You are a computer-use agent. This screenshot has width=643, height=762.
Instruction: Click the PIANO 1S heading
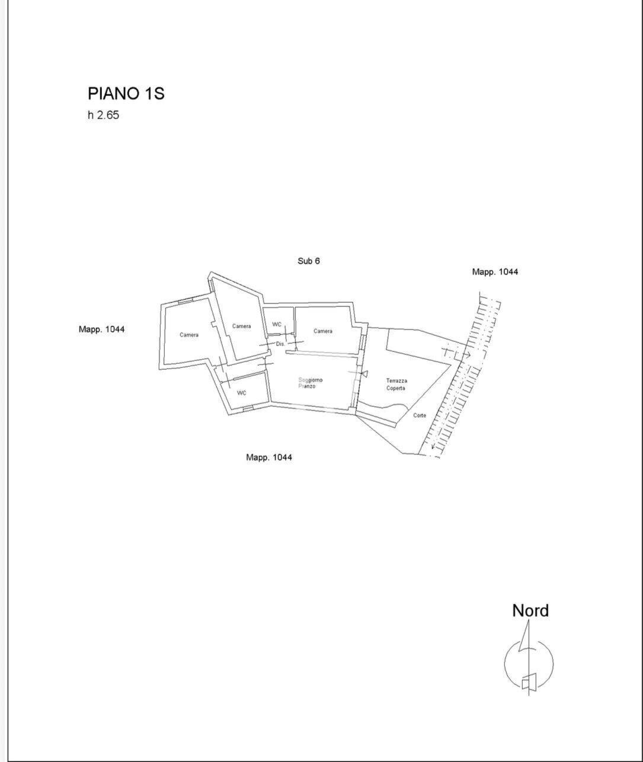(126, 94)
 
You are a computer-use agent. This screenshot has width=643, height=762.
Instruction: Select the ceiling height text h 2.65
(103, 115)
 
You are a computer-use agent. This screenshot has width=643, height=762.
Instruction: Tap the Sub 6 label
(309, 261)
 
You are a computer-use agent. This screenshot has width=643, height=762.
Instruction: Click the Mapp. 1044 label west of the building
(101, 329)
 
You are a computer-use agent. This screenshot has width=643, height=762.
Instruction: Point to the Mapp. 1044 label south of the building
(269, 457)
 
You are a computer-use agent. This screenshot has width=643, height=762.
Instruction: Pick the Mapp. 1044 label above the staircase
(495, 271)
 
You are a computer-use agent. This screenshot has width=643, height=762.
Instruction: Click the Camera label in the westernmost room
(189, 335)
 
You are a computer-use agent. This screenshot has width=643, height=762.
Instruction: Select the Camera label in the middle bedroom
(242, 326)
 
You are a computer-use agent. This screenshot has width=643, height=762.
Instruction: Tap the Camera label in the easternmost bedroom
(323, 331)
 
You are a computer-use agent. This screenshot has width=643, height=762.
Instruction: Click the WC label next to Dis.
(277, 324)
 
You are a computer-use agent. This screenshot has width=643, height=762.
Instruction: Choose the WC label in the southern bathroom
(242, 393)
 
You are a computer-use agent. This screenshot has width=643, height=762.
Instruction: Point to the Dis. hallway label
(281, 344)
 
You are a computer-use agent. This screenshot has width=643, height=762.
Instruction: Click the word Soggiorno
(311, 380)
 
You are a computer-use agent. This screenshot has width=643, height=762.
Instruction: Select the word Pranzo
(307, 386)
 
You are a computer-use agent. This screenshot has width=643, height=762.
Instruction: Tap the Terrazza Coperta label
(396, 385)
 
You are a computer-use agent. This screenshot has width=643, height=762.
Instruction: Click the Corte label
(420, 415)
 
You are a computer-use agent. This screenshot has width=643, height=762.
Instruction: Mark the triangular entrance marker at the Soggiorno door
(364, 373)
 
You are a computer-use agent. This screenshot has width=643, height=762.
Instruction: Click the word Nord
(530, 611)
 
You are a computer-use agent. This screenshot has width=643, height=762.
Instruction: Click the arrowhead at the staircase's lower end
(433, 447)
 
